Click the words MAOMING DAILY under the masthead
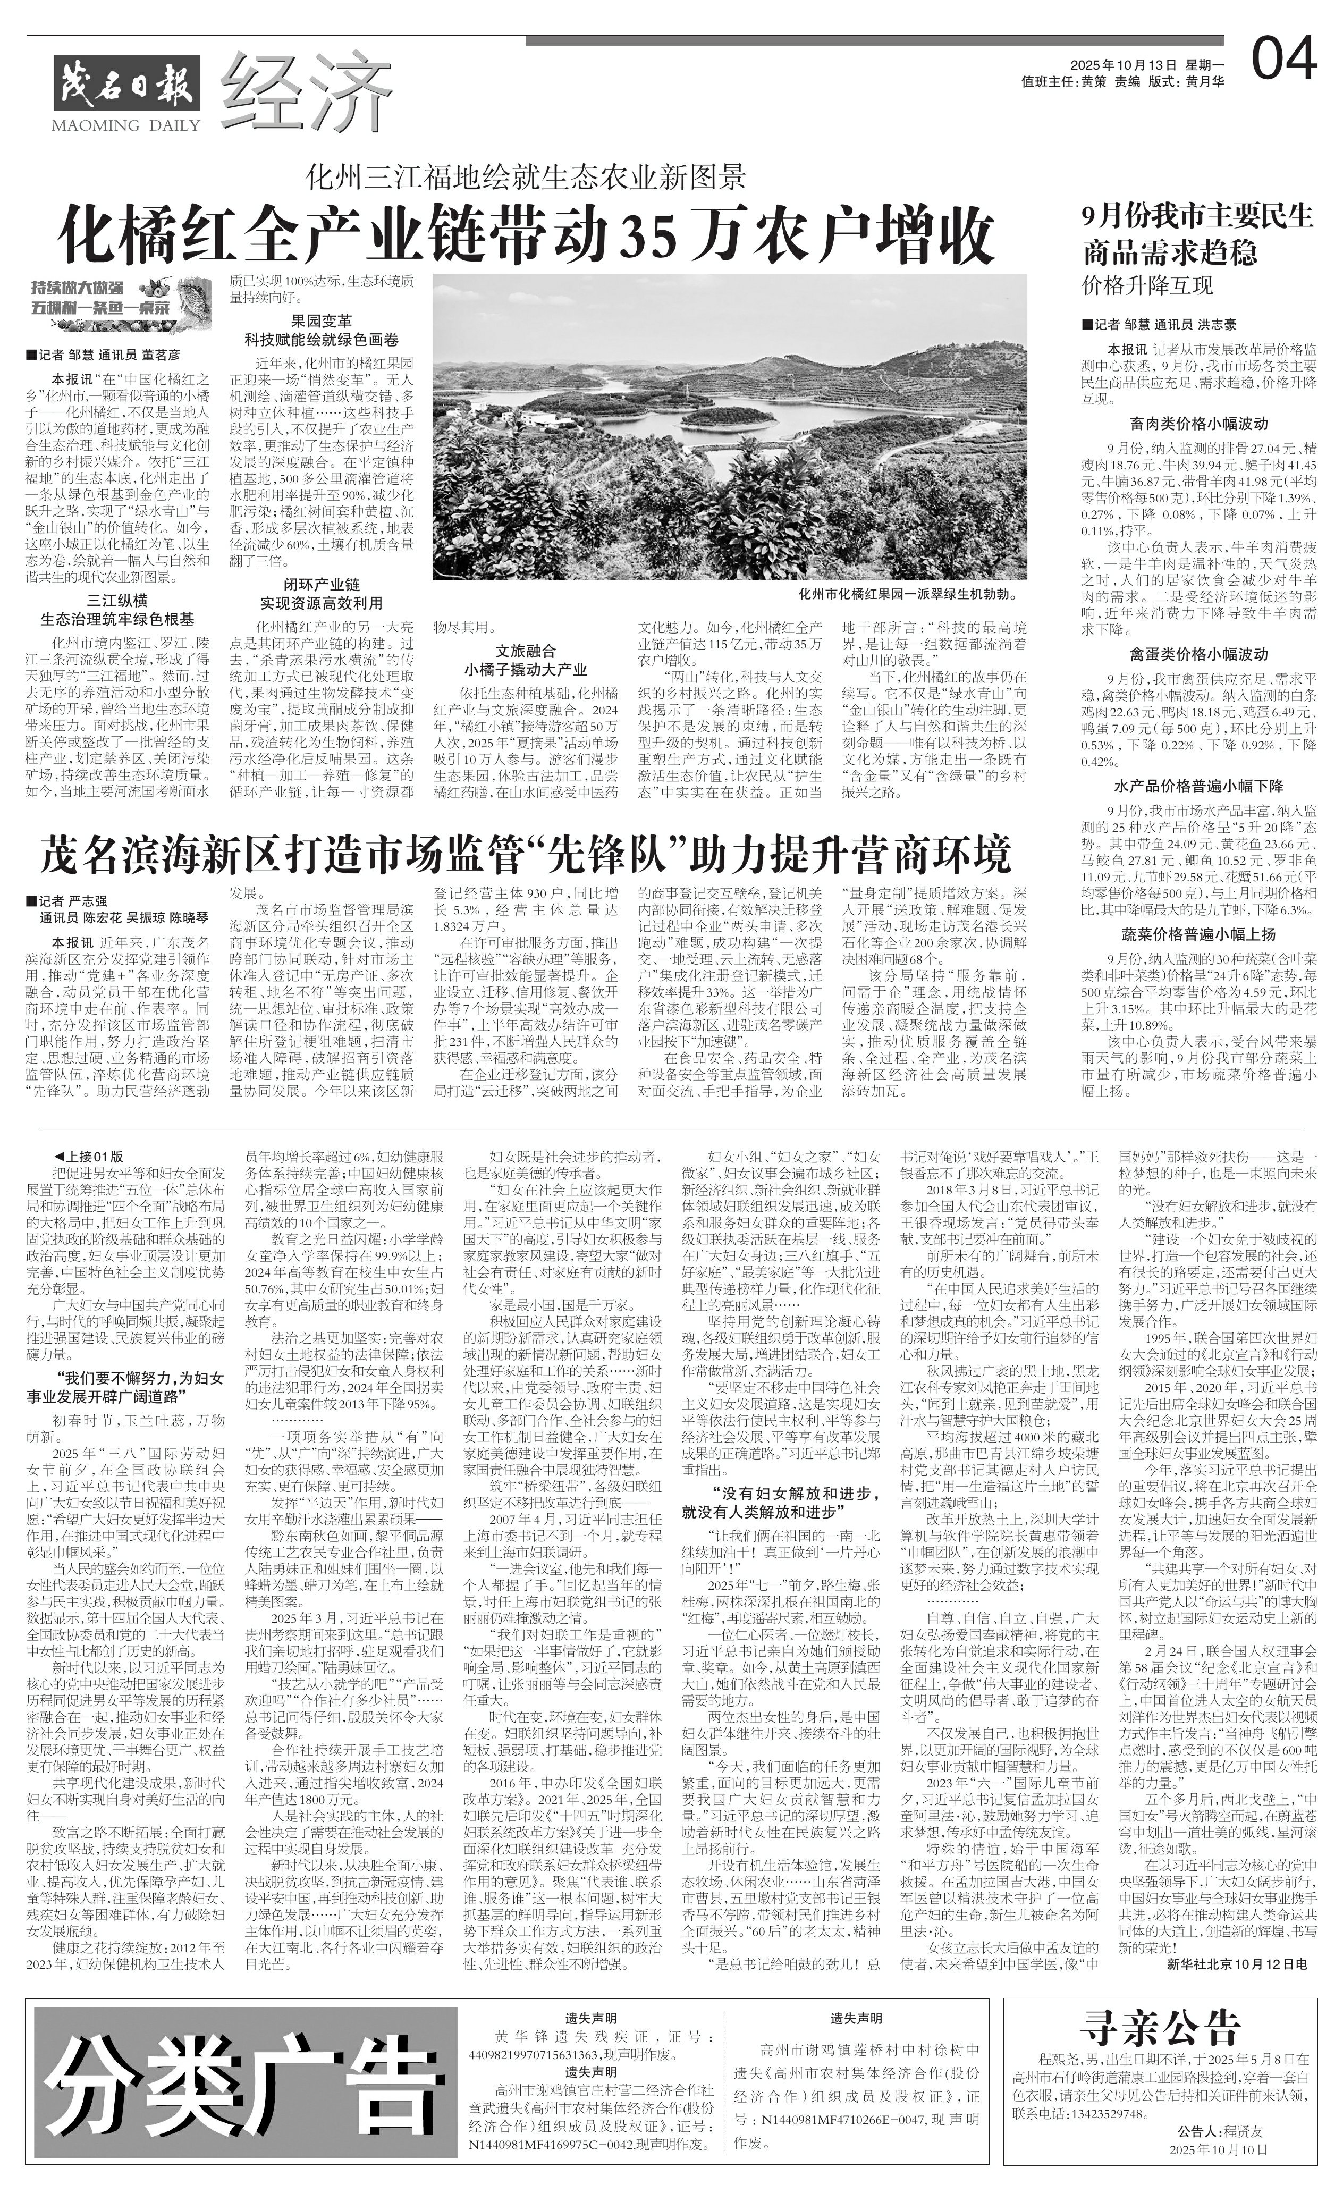(x=126, y=124)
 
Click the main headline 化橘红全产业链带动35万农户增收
(x=525, y=235)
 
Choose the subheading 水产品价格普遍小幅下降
(x=1198, y=786)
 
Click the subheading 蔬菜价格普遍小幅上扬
(x=1198, y=934)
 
